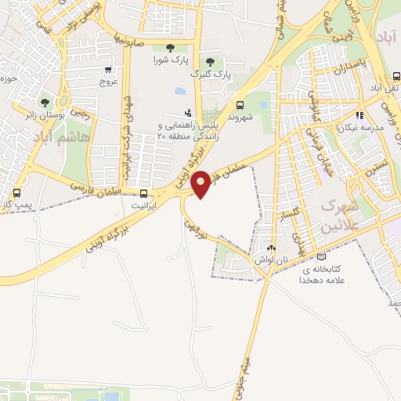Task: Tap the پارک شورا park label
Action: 170,60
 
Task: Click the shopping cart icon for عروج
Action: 108,70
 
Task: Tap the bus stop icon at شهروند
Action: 240,104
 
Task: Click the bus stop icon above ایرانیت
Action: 143,193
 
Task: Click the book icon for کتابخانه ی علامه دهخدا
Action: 321,257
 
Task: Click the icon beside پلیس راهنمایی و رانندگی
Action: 187,114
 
